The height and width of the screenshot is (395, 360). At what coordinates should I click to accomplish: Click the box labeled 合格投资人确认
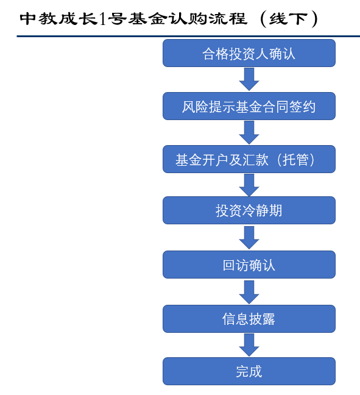pos(249,53)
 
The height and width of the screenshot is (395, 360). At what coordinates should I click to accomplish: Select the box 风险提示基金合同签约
pos(249,106)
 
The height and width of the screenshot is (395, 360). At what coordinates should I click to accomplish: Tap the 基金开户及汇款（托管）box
pos(249,159)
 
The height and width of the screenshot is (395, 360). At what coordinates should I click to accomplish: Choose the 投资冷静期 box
pos(249,210)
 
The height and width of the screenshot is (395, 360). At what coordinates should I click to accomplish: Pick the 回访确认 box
pos(249,265)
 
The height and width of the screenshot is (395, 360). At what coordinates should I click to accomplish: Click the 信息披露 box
pos(249,319)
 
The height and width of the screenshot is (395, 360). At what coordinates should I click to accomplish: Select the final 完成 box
pos(249,371)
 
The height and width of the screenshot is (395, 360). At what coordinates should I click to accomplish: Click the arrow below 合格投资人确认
pos(249,79)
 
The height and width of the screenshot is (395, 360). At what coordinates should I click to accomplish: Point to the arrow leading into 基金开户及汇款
pos(249,132)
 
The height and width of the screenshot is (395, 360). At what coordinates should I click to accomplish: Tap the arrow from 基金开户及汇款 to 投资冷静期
pos(249,185)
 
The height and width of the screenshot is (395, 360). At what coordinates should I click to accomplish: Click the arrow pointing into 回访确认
pos(249,238)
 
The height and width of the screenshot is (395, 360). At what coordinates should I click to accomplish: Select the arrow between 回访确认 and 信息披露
pos(249,292)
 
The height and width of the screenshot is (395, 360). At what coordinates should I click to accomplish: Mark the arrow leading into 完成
pos(249,345)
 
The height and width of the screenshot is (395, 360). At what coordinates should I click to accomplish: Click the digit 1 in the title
pos(103,19)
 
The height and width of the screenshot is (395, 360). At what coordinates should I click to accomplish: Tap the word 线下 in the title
pos(289,19)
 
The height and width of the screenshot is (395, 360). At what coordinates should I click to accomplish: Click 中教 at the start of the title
pos(39,19)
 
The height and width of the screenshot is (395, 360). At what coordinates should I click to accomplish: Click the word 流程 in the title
pos(228,19)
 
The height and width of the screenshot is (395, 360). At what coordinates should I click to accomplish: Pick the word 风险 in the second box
pos(195,107)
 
